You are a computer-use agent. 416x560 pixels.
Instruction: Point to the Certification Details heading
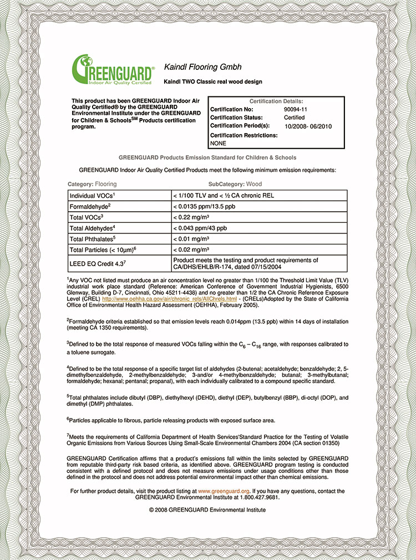pos(276,101)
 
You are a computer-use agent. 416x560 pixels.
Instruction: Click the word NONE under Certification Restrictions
pos(219,143)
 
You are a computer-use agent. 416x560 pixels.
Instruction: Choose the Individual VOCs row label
pos(93,196)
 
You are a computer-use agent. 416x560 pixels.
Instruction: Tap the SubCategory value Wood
pos(254,184)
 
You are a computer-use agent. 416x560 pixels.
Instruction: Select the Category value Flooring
pos(106,184)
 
